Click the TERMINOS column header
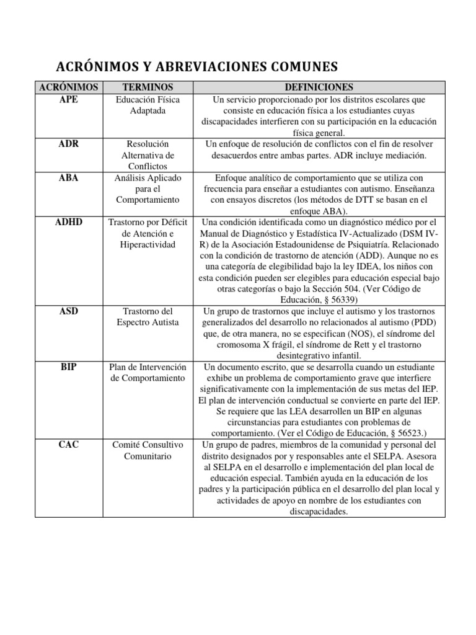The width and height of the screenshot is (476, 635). pyautogui.click(x=148, y=87)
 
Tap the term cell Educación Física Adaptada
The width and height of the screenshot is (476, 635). pyautogui.click(x=148, y=105)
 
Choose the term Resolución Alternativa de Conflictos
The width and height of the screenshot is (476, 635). pyautogui.click(x=148, y=155)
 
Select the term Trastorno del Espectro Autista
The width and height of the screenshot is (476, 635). pyautogui.click(x=148, y=316)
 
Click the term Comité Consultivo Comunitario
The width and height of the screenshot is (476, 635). pyautogui.click(x=148, y=450)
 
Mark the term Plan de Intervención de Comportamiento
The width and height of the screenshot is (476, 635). pyautogui.click(x=148, y=372)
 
